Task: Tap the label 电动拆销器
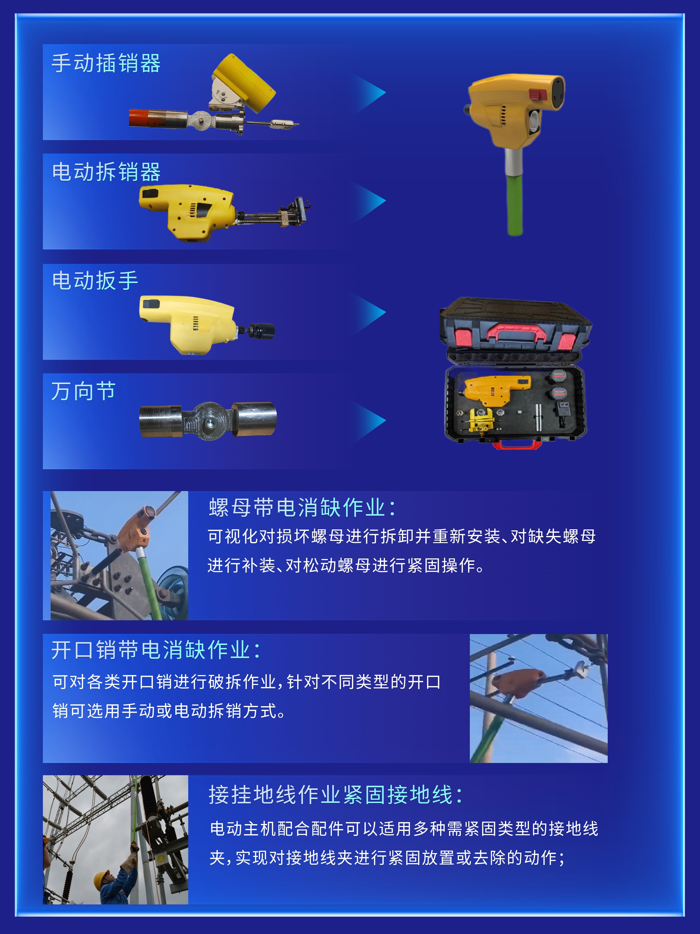[106, 172]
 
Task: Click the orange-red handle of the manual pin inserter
[139, 117]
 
